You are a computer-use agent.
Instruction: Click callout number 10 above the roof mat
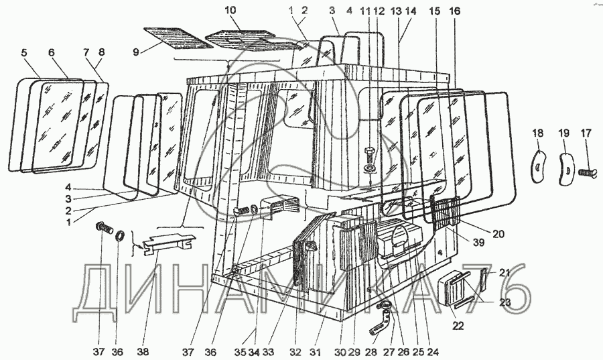coord(230,11)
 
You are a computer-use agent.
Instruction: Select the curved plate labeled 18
coord(538,166)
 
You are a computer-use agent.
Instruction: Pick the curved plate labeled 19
coord(565,166)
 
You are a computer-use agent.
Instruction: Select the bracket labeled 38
coord(171,241)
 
